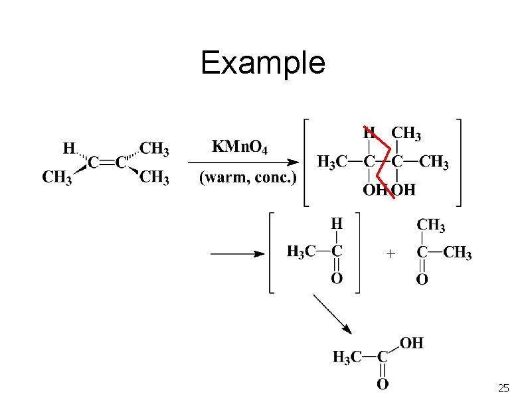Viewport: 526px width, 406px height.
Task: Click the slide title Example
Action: (x=263, y=63)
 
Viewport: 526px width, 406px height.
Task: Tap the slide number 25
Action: (x=503, y=388)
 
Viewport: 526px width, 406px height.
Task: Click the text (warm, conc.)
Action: (x=248, y=178)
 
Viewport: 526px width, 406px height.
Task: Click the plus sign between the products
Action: (x=391, y=253)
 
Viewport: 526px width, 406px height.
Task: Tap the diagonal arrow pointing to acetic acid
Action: (x=331, y=314)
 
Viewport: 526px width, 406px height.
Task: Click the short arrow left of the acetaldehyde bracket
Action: (x=237, y=253)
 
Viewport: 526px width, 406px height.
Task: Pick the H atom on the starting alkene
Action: (x=68, y=148)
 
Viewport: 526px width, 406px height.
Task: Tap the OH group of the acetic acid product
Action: (x=412, y=343)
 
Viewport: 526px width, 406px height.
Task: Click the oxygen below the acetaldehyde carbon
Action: (x=337, y=279)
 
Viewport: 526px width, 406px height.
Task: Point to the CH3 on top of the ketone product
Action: (x=432, y=226)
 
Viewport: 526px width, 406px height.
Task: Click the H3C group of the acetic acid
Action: (x=347, y=358)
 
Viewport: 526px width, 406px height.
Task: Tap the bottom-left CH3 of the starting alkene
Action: (x=56, y=178)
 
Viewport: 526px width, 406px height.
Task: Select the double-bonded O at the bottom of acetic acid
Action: (x=383, y=383)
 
